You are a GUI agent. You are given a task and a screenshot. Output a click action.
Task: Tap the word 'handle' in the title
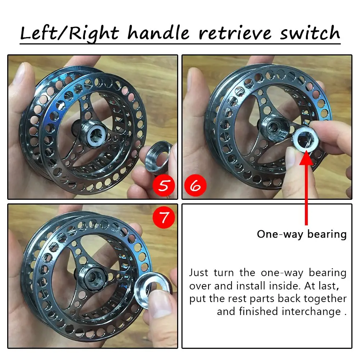pos(158,32)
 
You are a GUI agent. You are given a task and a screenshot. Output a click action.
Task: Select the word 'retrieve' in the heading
pos(235,33)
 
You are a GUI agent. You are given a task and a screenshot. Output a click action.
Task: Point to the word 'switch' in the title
pos(310,33)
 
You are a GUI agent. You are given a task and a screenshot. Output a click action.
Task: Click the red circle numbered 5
pos(164,185)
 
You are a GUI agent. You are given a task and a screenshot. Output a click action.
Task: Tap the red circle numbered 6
pos(195,185)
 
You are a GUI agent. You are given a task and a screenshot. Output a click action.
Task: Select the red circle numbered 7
pos(164,217)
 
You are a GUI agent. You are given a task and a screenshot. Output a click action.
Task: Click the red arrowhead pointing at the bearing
pos(306,158)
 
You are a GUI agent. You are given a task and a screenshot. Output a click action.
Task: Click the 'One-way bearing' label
pos(302,234)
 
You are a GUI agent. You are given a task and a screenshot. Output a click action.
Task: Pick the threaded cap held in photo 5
pos(158,154)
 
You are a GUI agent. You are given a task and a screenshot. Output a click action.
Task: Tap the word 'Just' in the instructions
pos(199,273)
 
